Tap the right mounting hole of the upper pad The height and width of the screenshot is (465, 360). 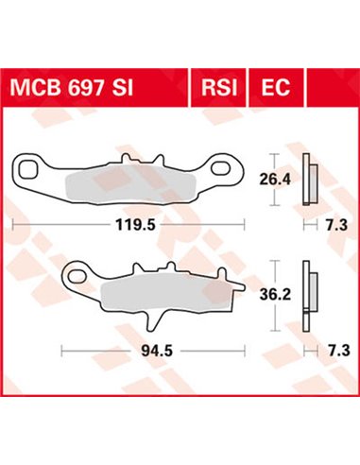pos(223,170)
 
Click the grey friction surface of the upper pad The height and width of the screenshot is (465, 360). pos(123,178)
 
